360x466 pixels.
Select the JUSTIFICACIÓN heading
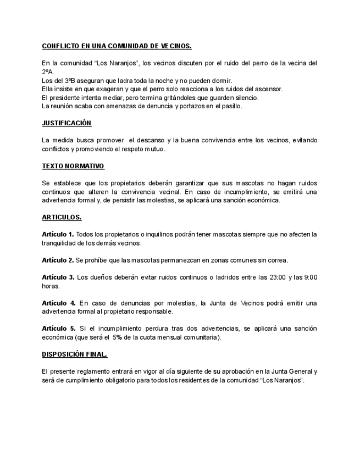(x=67, y=123)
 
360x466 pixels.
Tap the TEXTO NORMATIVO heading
(x=73, y=166)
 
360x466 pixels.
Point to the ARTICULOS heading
(x=62, y=217)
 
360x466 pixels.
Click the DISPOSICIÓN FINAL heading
(x=74, y=354)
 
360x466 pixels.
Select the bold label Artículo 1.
(x=58, y=235)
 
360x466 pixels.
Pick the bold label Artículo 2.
(x=58, y=260)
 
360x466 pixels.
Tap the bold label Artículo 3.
(x=58, y=277)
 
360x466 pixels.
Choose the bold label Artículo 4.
(x=58, y=303)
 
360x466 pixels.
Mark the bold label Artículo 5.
(x=58, y=329)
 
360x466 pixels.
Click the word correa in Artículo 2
(x=278, y=260)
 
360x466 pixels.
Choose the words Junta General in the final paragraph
(x=287, y=372)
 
